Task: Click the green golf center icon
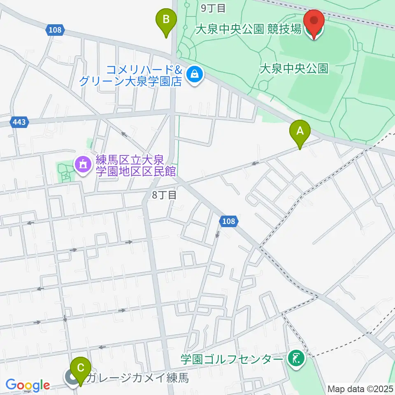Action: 296,359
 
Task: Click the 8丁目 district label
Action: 164,195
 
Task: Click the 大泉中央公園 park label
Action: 294,68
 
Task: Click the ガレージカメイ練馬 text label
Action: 138,377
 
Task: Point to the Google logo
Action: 28,385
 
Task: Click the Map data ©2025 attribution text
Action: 360,388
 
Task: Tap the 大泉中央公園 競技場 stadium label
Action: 248,30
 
